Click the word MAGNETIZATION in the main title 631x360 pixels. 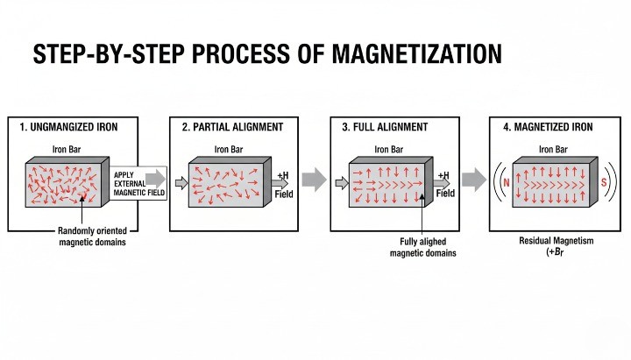(416, 53)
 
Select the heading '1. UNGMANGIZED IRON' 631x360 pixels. (68, 127)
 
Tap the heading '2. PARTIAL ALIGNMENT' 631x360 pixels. (232, 127)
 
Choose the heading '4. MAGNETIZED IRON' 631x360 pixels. (548, 127)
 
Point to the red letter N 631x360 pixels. (507, 182)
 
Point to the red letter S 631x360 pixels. (605, 182)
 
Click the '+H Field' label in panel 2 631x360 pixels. (284, 185)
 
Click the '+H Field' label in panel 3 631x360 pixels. (445, 185)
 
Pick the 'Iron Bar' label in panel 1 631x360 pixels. (69, 149)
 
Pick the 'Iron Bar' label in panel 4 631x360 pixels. (553, 149)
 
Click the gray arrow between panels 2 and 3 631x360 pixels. (314, 180)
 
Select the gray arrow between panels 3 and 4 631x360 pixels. (474, 180)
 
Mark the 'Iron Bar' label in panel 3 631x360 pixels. (390, 149)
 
